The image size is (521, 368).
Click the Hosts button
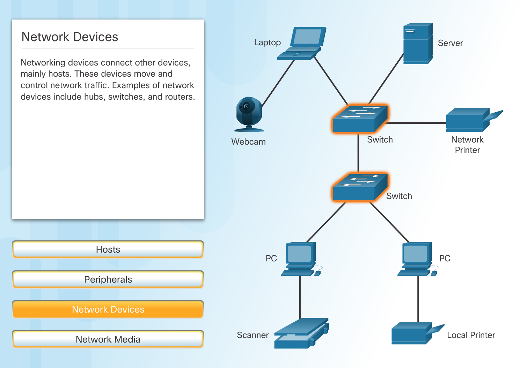pyautogui.click(x=108, y=250)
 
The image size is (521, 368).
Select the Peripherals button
pyautogui.click(x=108, y=279)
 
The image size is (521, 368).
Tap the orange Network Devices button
pyautogui.click(x=108, y=309)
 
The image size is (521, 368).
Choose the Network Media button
pyautogui.click(x=108, y=339)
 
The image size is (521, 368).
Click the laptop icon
pyautogui.click(x=302, y=44)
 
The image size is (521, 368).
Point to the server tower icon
pyautogui.click(x=418, y=44)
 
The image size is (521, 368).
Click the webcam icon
pyautogui.click(x=249, y=113)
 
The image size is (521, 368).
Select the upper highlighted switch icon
pyautogui.click(x=360, y=119)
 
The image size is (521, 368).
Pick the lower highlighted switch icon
pyautogui.click(x=360, y=187)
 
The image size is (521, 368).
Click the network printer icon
pyautogui.click(x=470, y=120)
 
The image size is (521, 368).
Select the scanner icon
pyautogui.click(x=301, y=333)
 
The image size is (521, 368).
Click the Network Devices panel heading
pyautogui.click(x=70, y=37)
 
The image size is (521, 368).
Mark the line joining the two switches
pyautogui.click(x=358, y=153)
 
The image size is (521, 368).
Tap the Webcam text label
pyautogui.click(x=248, y=142)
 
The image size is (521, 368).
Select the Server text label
pyautogui.click(x=450, y=43)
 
